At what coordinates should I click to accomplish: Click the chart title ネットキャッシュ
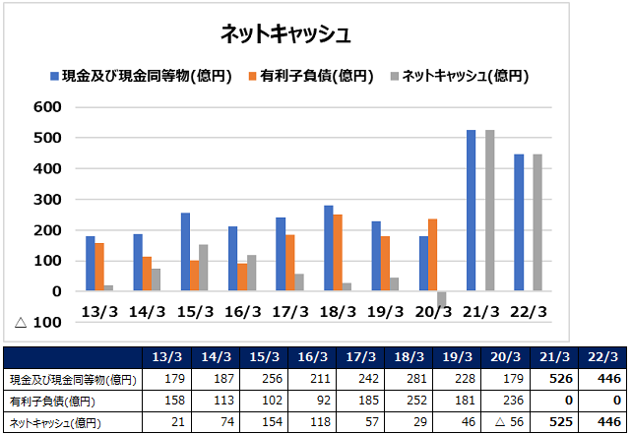[285, 33]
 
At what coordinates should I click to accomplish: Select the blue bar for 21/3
[472, 210]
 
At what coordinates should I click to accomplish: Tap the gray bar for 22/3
[537, 222]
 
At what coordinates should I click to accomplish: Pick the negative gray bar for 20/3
[442, 299]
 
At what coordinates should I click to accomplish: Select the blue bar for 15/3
[185, 252]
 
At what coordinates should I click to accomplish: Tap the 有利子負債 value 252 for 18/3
[407, 401]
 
